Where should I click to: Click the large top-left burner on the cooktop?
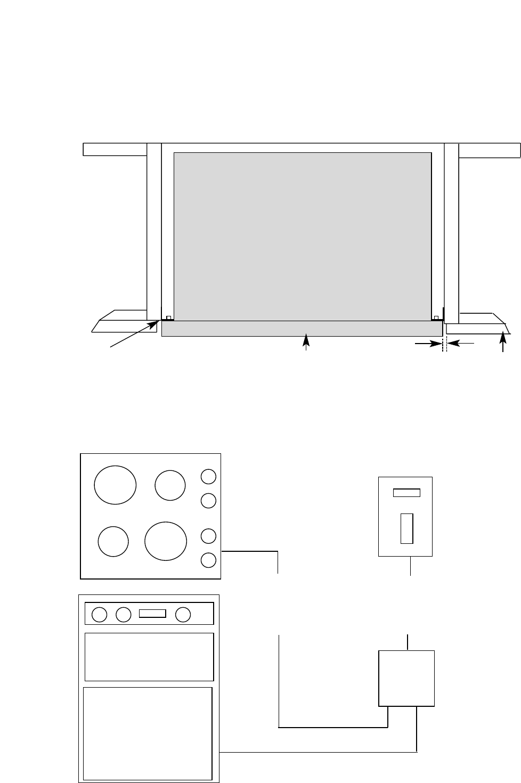coord(115,485)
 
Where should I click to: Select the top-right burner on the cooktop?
coord(170,485)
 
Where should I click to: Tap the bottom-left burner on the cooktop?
coord(113,541)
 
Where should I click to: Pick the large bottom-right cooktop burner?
coord(166,541)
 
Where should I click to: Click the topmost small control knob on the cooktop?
coord(209,476)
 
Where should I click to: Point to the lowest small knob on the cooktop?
coord(209,560)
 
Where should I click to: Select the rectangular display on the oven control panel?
coord(152,614)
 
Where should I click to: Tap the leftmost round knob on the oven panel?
coord(99,615)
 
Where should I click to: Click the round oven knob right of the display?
coord(183,614)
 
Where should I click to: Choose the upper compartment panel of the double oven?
coord(149,657)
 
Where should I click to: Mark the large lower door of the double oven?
coord(148,733)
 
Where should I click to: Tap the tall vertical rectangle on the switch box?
coord(406,528)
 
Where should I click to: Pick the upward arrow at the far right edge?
coord(503,342)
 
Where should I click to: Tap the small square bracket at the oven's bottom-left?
coord(168,318)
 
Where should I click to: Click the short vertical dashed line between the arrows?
coord(442,345)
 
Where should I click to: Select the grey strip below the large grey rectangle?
coord(302,329)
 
